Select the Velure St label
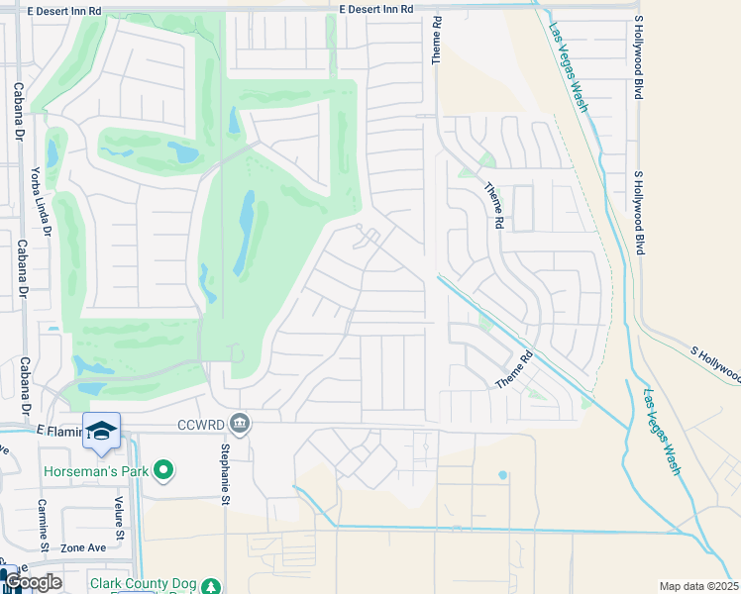[118, 521]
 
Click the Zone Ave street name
[82, 547]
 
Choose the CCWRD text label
[197, 425]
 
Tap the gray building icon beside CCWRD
[239, 425]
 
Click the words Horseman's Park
[95, 470]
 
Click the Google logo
[33, 582]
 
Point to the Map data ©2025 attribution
[698, 586]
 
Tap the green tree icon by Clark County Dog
[210, 587]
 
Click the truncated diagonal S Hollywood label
[713, 361]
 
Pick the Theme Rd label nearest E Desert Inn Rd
[435, 41]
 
